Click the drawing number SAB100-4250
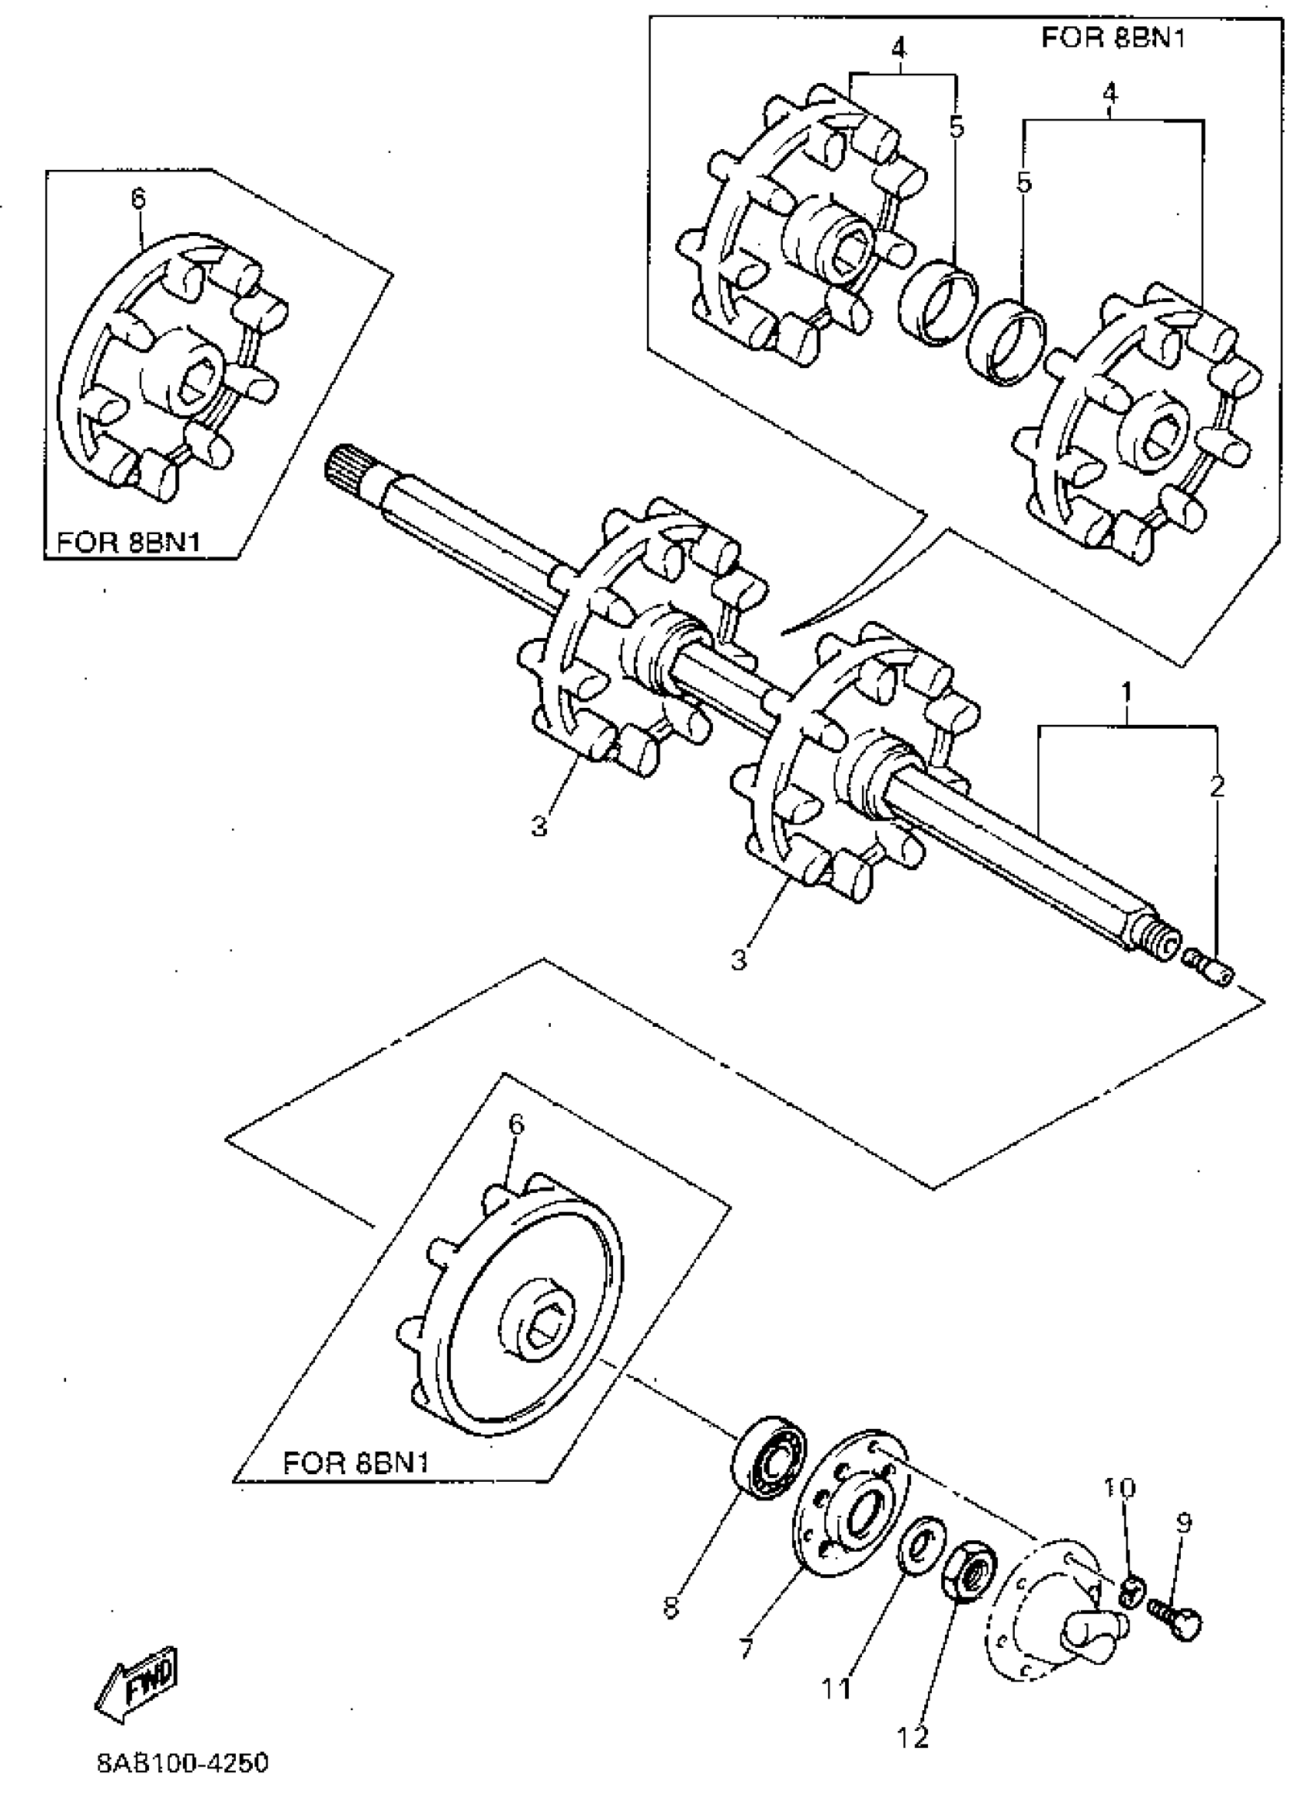click(x=183, y=1763)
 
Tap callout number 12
click(x=913, y=1738)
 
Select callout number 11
click(x=836, y=1689)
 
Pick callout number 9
click(x=1184, y=1521)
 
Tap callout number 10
click(x=1119, y=1487)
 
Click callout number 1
click(x=1126, y=692)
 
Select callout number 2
click(x=1217, y=786)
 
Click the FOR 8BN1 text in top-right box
click(x=1112, y=38)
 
